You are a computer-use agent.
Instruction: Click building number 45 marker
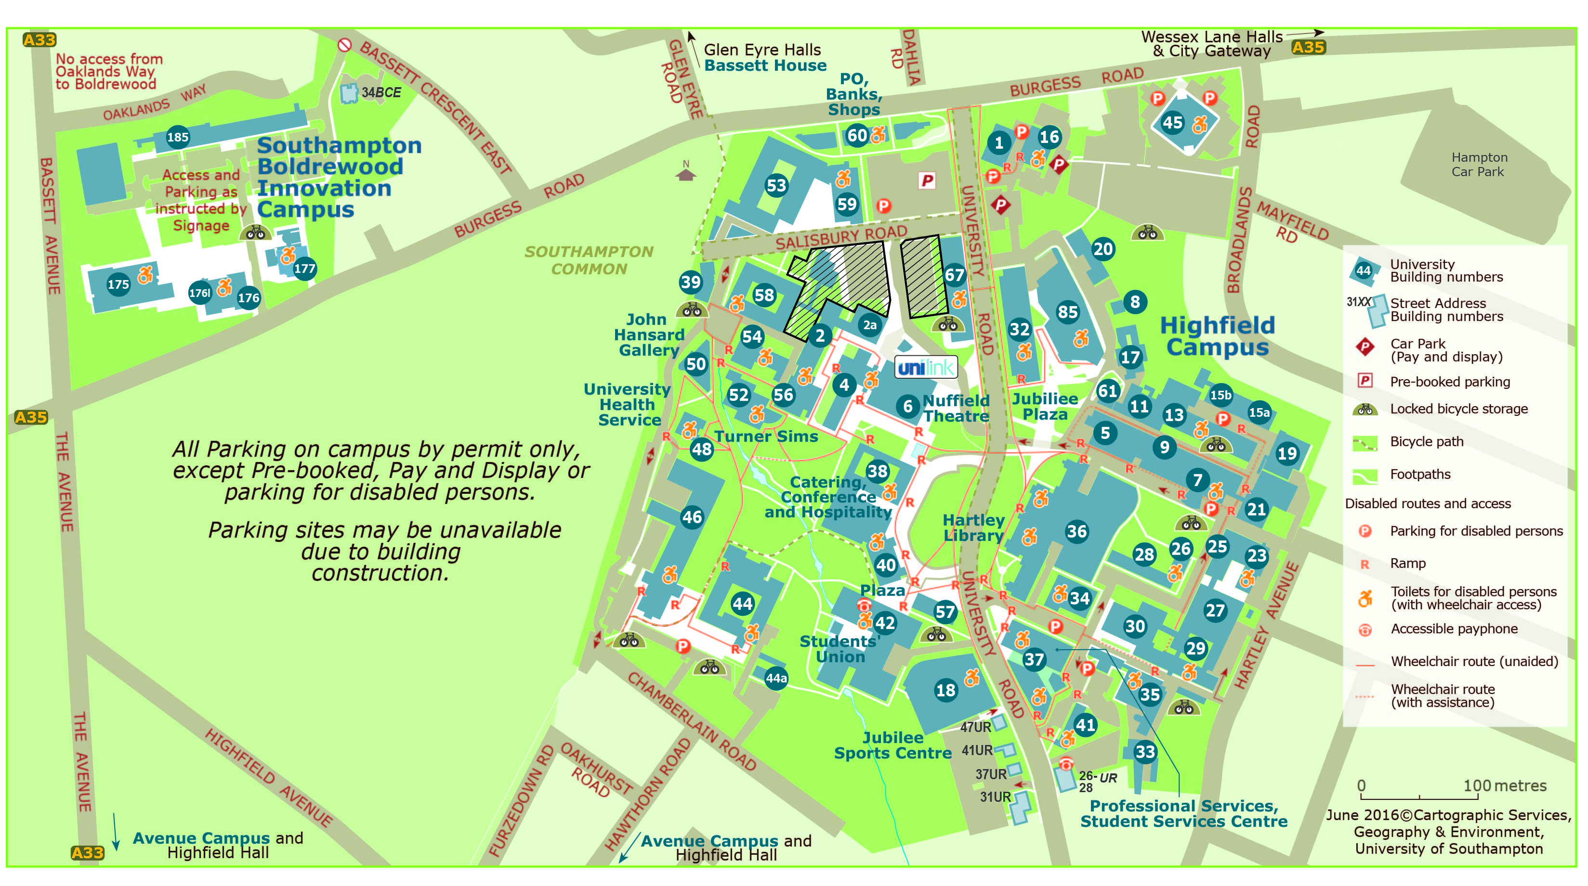click(1172, 123)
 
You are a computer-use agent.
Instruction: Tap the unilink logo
click(926, 368)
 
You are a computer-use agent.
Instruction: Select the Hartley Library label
click(973, 528)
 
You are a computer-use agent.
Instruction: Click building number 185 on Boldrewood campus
click(178, 137)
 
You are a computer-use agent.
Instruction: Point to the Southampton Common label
click(589, 260)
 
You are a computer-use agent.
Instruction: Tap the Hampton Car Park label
click(1478, 165)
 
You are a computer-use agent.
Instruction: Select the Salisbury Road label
click(841, 237)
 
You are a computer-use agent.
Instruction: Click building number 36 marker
click(1076, 531)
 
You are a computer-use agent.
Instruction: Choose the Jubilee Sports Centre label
click(892, 745)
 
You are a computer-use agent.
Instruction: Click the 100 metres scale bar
click(1419, 796)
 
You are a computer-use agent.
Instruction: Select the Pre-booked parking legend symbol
click(1365, 381)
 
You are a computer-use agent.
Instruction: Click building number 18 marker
click(945, 690)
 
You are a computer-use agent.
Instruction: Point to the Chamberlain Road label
click(692, 721)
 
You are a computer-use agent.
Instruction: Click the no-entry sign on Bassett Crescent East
click(344, 45)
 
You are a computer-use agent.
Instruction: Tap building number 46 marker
click(692, 517)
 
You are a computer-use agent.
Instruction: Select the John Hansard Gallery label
click(648, 334)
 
